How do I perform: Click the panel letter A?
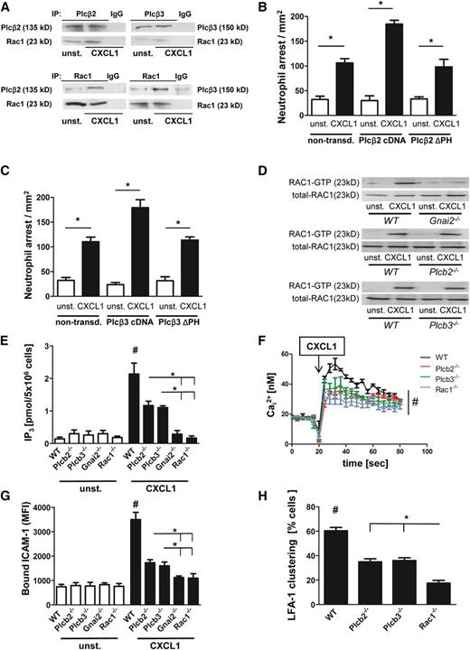(x=7, y=7)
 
